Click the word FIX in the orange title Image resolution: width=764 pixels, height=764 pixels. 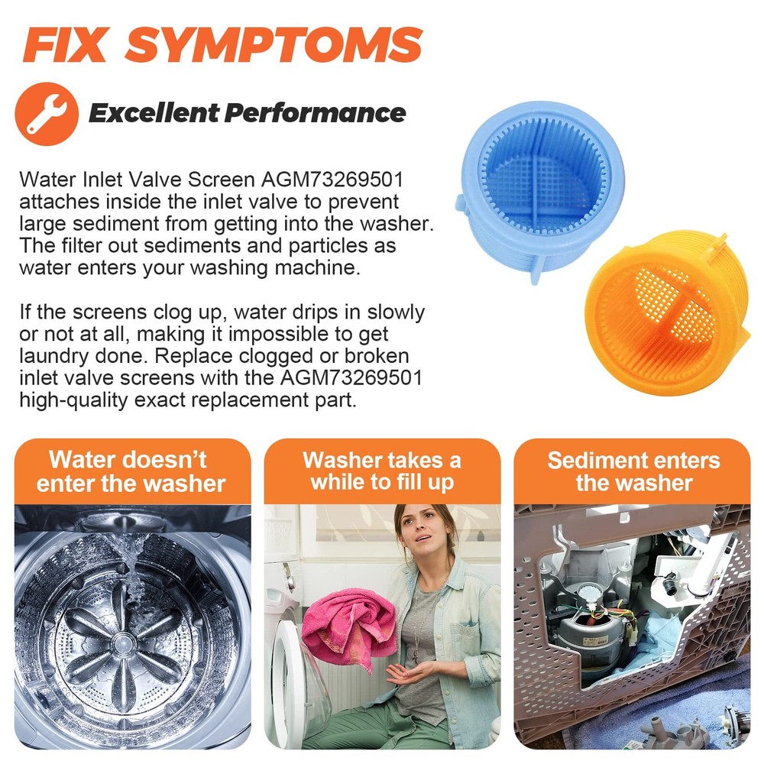pyautogui.click(x=65, y=45)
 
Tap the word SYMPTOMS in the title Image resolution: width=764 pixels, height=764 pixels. pyautogui.click(x=274, y=45)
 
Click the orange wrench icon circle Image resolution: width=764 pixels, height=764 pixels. pyautogui.click(x=47, y=114)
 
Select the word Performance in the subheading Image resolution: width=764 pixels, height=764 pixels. pyautogui.click(x=316, y=114)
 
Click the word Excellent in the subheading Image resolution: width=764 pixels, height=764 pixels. pyautogui.click(x=154, y=113)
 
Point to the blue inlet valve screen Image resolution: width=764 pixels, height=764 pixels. pyautogui.click(x=541, y=190)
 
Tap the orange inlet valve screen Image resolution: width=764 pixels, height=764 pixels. pyautogui.click(x=666, y=313)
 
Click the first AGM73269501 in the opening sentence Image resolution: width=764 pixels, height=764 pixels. pyautogui.click(x=332, y=180)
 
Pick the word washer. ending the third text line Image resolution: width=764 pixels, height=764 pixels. pyautogui.click(x=397, y=224)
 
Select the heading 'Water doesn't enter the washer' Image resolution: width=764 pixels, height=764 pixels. pyautogui.click(x=131, y=471)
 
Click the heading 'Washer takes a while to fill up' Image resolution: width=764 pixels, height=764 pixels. pyautogui.click(x=383, y=471)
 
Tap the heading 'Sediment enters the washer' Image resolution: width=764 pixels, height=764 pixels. pyautogui.click(x=633, y=471)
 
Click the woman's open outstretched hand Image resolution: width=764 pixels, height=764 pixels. pyautogui.click(x=409, y=673)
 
